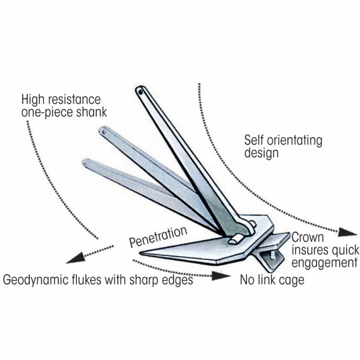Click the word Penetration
[158, 237]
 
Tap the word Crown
[308, 237]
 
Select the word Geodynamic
[34, 280]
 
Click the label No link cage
[272, 280]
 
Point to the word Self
[255, 140]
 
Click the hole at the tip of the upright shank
[141, 91]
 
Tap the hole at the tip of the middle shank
[105, 132]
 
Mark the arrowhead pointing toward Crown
[347, 232]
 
